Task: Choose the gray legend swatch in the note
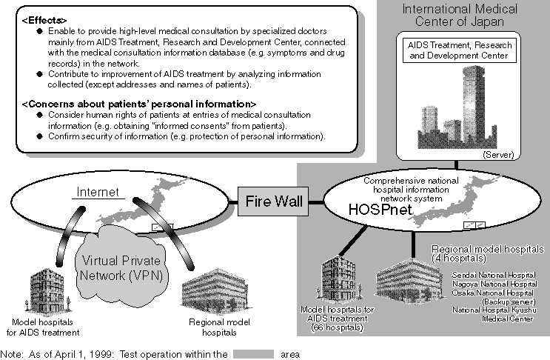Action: pyautogui.click(x=253, y=353)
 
